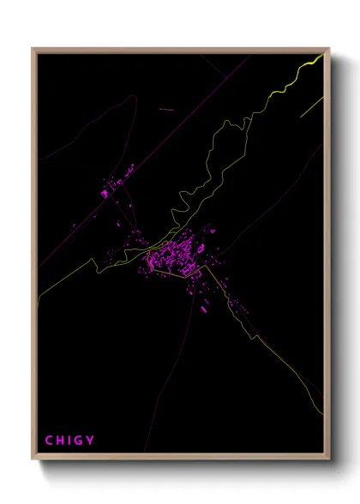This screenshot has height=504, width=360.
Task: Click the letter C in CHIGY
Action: tap(49, 441)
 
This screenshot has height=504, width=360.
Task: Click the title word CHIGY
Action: tap(69, 441)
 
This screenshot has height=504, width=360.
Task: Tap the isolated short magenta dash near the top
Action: tap(166, 110)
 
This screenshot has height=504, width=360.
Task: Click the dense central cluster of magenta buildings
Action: tap(176, 255)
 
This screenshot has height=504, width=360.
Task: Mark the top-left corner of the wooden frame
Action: tap(33, 49)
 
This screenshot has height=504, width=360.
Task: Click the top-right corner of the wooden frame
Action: tap(329, 49)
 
